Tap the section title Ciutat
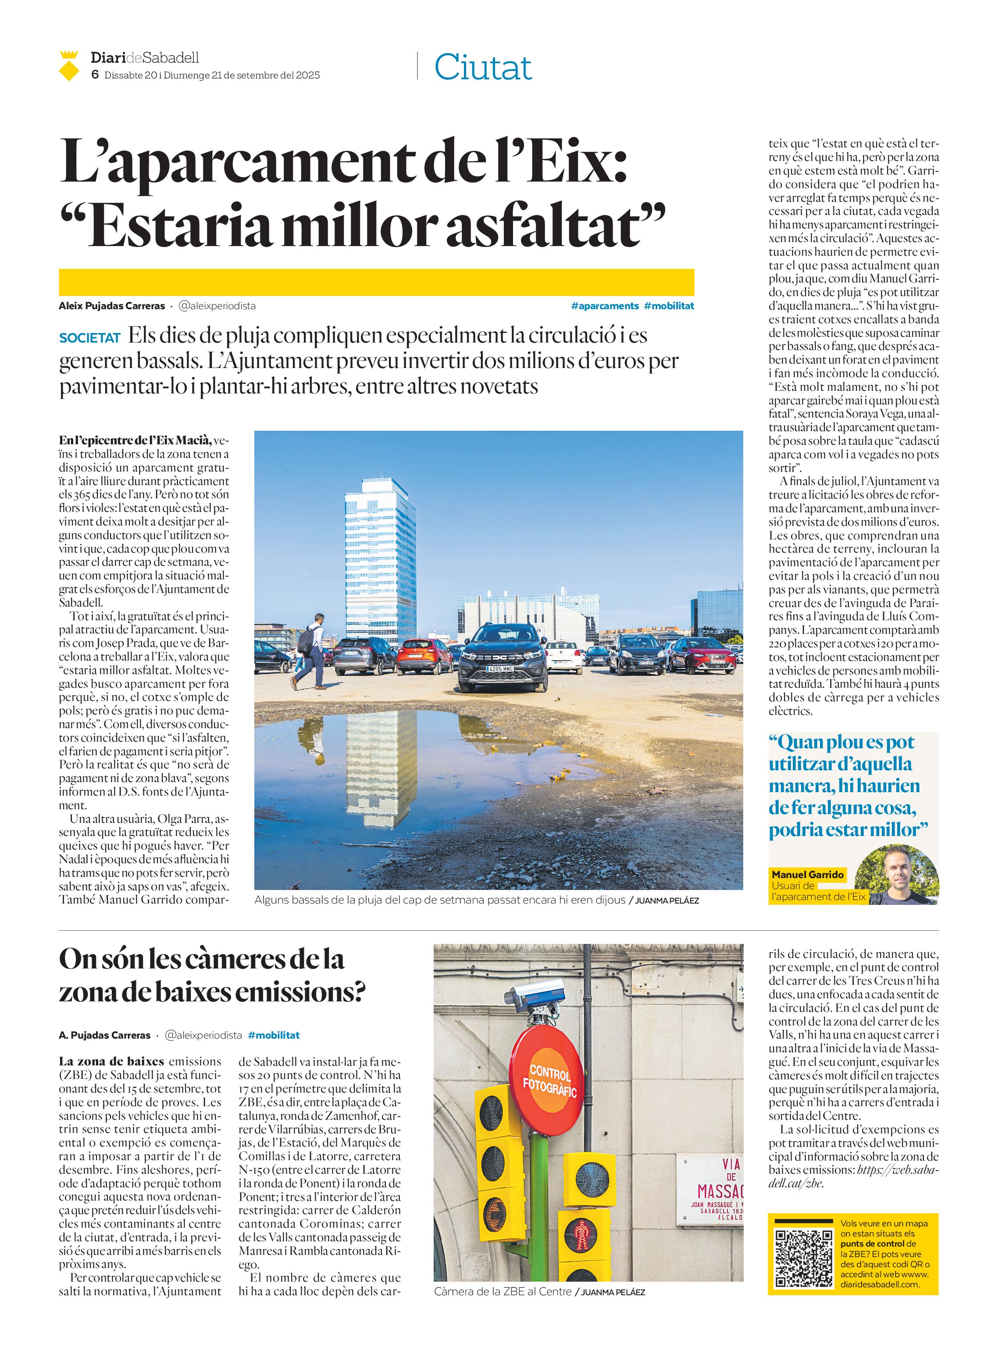[x=483, y=67]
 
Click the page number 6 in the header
[x=95, y=75]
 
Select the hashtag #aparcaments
[x=604, y=306]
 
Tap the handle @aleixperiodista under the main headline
[x=217, y=306]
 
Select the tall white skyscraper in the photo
[x=380, y=556]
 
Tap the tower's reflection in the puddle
[x=381, y=768]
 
